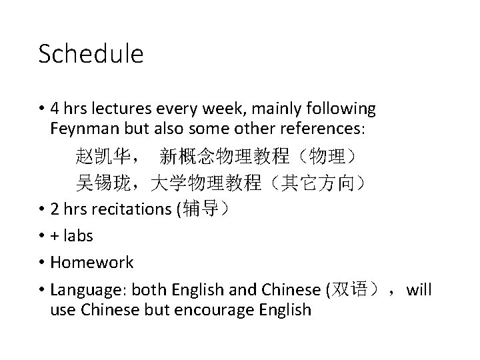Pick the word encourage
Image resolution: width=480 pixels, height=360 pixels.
coord(222,310)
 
